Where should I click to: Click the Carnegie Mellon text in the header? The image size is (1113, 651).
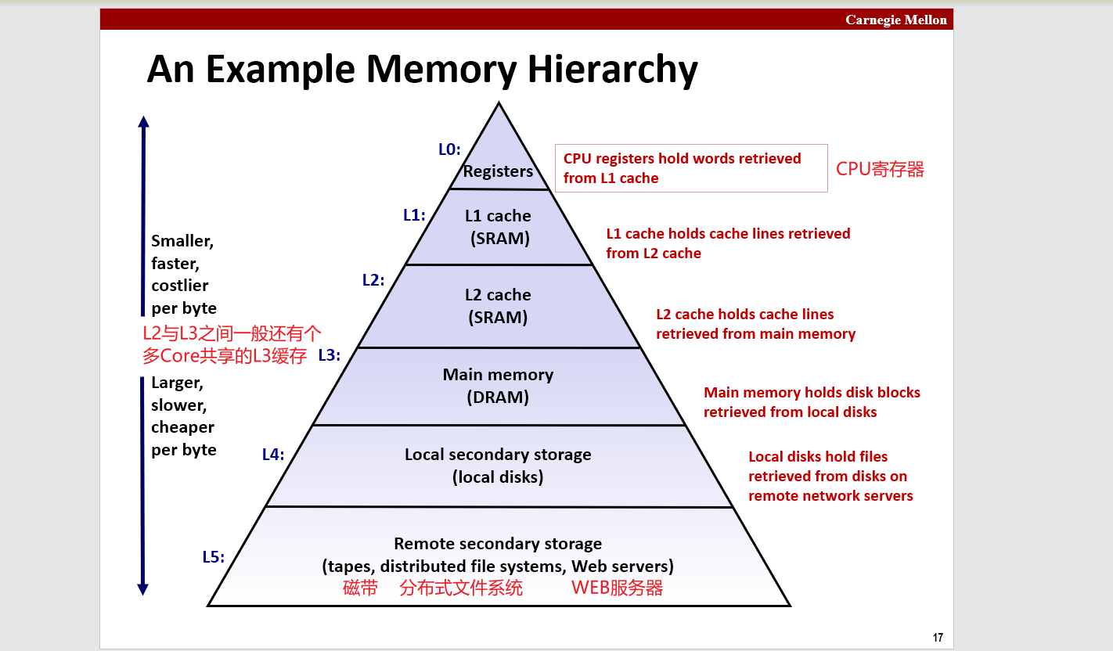coord(895,20)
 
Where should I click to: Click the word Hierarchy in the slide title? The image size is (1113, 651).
coord(611,70)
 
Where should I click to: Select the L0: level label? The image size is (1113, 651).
coord(449,149)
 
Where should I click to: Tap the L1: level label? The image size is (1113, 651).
coord(414,214)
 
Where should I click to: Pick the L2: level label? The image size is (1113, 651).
coord(373,279)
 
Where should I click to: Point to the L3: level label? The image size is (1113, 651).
coord(329,354)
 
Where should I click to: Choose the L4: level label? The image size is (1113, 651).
coord(272,454)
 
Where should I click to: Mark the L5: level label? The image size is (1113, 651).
coord(214,557)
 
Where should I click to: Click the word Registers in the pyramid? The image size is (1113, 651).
coord(498,171)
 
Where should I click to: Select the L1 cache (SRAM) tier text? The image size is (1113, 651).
coord(499,227)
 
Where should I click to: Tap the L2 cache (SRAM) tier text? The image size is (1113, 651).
coord(498,306)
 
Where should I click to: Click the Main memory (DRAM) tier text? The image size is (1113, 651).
coord(498,386)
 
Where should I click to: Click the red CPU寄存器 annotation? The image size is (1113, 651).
coord(880,169)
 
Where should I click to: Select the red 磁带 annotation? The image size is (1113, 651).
coord(360,588)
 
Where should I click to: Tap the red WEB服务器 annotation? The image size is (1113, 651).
coord(617,588)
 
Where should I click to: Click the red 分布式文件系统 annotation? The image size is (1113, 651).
coord(460,588)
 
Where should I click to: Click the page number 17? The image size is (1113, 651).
coord(938,637)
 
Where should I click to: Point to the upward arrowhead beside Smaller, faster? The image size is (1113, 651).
coord(143,121)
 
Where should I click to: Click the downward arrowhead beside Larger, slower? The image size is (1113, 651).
coord(143,589)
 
